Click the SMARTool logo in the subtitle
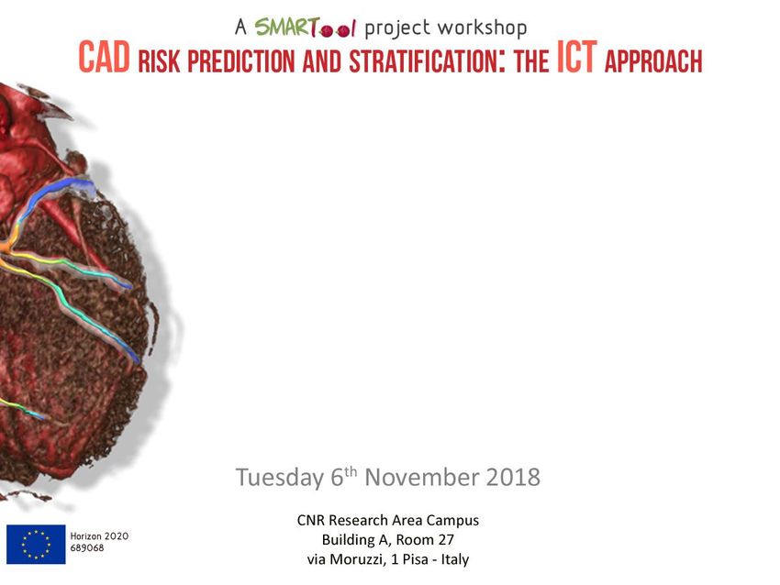(306, 28)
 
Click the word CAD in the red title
(105, 58)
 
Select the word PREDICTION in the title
(241, 61)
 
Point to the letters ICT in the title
(576, 58)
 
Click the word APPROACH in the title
(653, 61)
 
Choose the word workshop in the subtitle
(482, 28)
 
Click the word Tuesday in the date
(280, 477)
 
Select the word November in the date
(422, 477)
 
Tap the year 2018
(513, 477)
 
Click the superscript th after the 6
(351, 471)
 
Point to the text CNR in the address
(311, 521)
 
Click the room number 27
(446, 540)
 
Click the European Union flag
(36, 545)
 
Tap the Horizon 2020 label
(99, 536)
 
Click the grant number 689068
(87, 547)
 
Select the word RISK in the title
(159, 61)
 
